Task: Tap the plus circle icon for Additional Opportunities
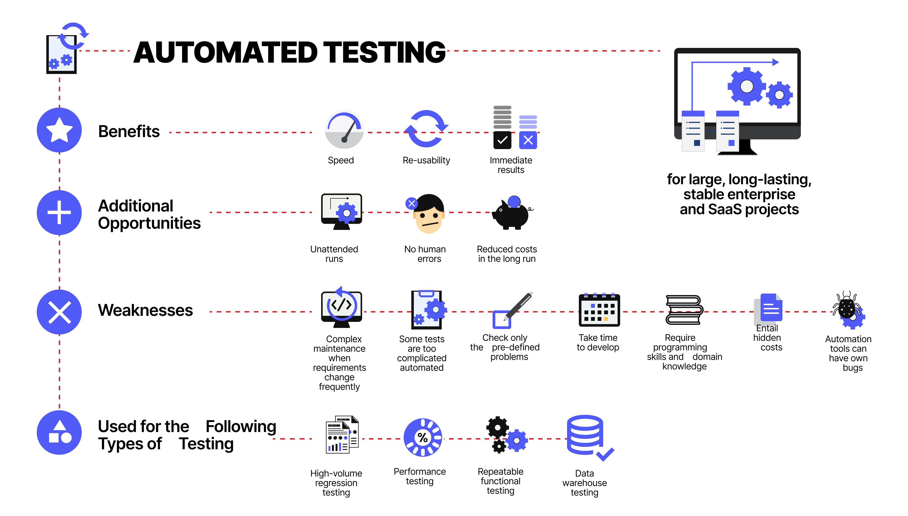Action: (x=59, y=212)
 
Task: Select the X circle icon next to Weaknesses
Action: (x=59, y=312)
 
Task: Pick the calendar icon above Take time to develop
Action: (x=599, y=310)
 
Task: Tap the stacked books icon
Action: (x=684, y=310)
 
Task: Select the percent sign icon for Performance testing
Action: (x=422, y=438)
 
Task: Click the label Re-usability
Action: (x=426, y=161)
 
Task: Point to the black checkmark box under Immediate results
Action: (x=502, y=140)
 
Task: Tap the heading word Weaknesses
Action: (x=145, y=310)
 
